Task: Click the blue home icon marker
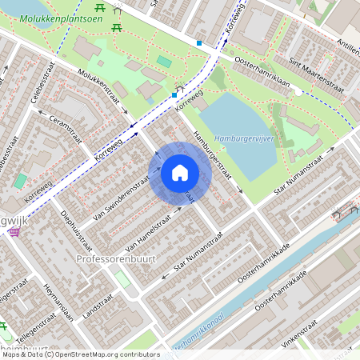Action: (x=180, y=173)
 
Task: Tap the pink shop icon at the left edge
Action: (x=14, y=232)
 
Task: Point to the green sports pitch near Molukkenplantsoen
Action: (x=164, y=62)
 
